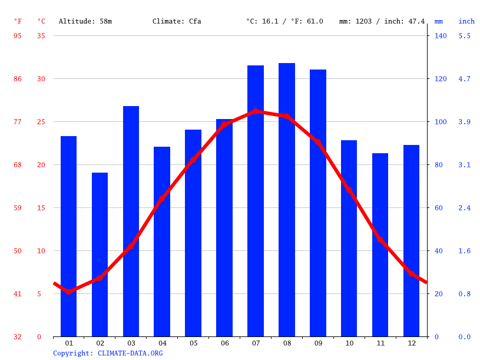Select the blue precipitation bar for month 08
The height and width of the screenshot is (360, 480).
point(287,200)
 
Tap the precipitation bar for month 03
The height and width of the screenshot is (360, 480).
point(131,221)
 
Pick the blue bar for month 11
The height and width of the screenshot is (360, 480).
point(380,245)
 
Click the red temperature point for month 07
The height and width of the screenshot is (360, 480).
point(256,111)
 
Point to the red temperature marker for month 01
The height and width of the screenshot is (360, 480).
point(69,292)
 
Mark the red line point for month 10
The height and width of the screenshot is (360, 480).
point(349,190)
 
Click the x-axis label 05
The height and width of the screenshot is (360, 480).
point(193,343)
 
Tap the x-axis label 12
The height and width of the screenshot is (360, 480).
point(411,343)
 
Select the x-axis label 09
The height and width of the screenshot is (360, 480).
point(318,343)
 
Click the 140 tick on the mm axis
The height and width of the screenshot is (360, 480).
point(441,36)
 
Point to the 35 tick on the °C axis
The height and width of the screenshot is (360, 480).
point(41,36)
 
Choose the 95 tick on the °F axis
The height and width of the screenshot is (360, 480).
point(18,36)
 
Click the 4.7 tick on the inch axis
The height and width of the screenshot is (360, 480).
point(465,79)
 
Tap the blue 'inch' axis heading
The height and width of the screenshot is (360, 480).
point(466,21)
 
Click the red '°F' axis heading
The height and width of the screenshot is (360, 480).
point(18,21)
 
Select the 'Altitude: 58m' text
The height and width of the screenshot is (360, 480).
point(85,21)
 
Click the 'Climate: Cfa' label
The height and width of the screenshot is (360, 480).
point(177,21)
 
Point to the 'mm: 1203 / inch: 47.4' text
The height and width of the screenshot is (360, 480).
point(382,21)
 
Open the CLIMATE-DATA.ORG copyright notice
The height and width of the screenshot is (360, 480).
point(108,353)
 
